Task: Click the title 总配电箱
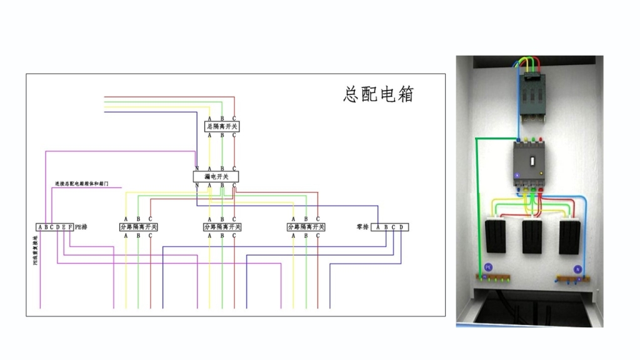(x=379, y=94)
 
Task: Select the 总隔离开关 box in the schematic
(x=222, y=126)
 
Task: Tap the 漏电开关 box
(x=216, y=177)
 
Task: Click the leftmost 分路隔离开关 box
(x=138, y=227)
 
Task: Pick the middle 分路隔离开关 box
(x=222, y=227)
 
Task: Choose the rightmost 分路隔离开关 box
(x=306, y=227)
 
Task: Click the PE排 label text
(x=81, y=227)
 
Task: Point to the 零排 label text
(x=362, y=227)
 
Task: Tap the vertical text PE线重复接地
(x=36, y=250)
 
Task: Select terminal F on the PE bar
(x=70, y=227)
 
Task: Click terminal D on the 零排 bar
(x=401, y=227)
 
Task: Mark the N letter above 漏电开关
(x=197, y=169)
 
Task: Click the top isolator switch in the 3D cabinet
(x=532, y=93)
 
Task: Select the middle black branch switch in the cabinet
(x=532, y=236)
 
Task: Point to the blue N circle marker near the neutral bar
(x=577, y=268)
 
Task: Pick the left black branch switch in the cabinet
(x=496, y=236)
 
